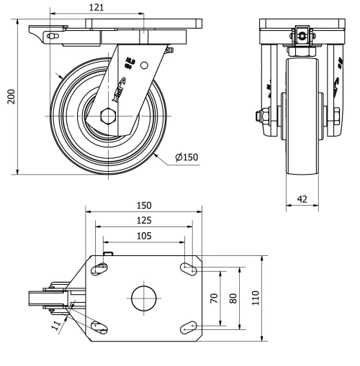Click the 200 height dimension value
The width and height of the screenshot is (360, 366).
pyautogui.click(x=10, y=97)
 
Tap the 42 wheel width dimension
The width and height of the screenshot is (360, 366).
pyautogui.click(x=302, y=199)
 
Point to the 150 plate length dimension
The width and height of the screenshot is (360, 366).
pyautogui.click(x=143, y=206)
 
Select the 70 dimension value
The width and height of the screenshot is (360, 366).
pyautogui.click(x=214, y=298)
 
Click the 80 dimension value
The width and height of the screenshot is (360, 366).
pyautogui.click(x=232, y=298)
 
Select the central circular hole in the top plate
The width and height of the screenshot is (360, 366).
pyautogui.click(x=143, y=298)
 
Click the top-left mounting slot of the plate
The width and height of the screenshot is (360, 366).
pyautogui.click(x=101, y=270)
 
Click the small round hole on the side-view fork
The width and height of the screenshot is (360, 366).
pyautogui.click(x=144, y=65)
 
